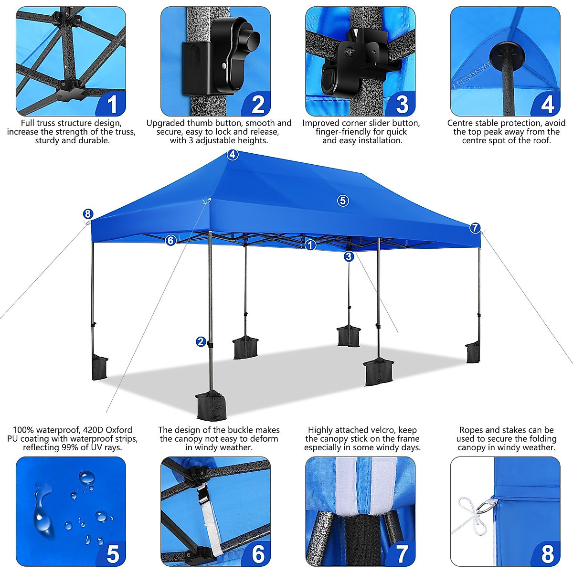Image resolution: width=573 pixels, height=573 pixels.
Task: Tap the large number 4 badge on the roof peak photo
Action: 547,104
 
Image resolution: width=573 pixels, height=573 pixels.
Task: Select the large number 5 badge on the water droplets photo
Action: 113,554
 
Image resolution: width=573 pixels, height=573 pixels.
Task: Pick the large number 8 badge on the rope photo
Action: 547,554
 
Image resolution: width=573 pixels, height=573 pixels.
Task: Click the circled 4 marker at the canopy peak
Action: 232,155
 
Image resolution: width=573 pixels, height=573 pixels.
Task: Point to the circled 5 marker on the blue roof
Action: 343,201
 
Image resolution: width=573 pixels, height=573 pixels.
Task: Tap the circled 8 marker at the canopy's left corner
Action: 87,214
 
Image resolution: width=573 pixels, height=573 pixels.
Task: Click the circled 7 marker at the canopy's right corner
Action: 475,228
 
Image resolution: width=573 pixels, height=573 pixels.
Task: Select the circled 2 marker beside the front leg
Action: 201,341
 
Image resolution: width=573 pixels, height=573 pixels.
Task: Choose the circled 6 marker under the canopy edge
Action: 170,241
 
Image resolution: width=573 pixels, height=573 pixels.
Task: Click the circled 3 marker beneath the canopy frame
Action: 349,256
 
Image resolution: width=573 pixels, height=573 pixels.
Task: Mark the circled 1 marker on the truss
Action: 310,245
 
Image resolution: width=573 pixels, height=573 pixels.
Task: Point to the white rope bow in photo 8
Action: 470,511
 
